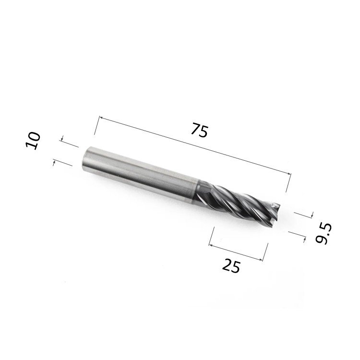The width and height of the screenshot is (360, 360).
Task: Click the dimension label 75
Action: pyautogui.click(x=200, y=130)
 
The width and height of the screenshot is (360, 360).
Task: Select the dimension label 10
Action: pyautogui.click(x=33, y=141)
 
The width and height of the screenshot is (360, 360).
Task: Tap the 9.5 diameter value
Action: pyautogui.click(x=323, y=233)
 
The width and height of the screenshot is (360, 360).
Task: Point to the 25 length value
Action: pyautogui.click(x=231, y=265)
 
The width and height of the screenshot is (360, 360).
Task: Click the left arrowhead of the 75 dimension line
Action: pyautogui.click(x=101, y=118)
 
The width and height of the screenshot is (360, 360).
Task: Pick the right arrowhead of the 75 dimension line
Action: pyautogui.click(x=288, y=174)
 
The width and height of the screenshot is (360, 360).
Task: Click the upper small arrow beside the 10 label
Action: pyautogui.click(x=62, y=139)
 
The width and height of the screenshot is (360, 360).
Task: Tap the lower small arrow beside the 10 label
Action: pyautogui.click(x=54, y=163)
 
